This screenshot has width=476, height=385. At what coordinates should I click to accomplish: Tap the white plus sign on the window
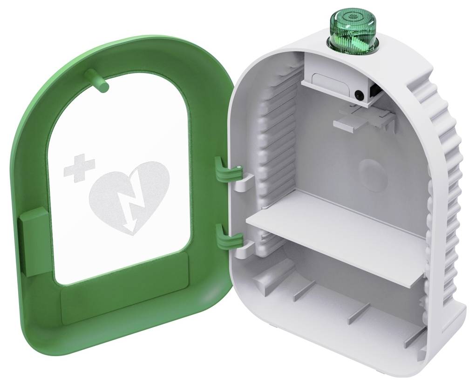click(79, 168)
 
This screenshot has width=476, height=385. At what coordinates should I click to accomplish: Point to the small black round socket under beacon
click(359, 95)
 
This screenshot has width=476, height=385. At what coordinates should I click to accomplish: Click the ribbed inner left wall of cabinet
click(275, 140)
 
